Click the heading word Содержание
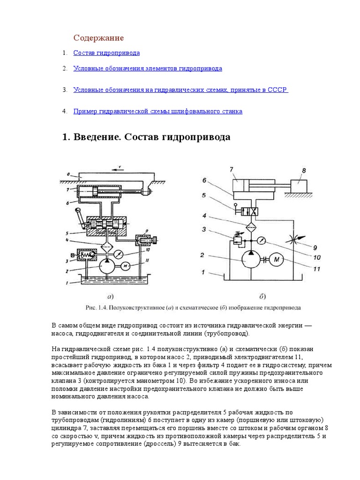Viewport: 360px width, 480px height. point(98,37)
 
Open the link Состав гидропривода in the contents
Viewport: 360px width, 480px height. point(106,53)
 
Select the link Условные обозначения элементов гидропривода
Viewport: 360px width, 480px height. point(148,68)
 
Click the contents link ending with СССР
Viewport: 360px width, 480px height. point(180,90)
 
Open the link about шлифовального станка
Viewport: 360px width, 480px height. point(157,112)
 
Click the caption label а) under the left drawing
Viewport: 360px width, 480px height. point(109,296)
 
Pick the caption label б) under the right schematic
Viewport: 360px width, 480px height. point(262,296)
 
